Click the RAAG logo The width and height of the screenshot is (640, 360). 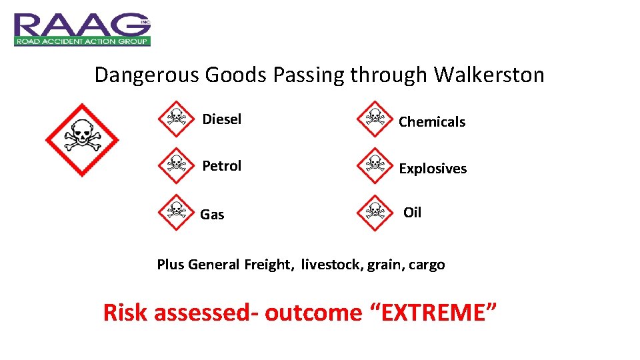(x=82, y=29)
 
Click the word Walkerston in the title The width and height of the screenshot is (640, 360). (x=489, y=75)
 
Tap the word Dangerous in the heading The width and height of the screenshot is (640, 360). (x=147, y=75)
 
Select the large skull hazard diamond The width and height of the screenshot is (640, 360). (x=81, y=139)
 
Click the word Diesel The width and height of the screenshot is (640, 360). (x=222, y=119)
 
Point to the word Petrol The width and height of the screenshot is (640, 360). (x=222, y=166)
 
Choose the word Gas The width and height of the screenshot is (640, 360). (x=212, y=215)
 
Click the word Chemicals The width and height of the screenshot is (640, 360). (x=432, y=122)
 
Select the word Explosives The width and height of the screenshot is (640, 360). (x=433, y=169)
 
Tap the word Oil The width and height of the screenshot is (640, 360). (x=413, y=213)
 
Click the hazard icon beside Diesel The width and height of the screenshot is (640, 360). (x=175, y=119)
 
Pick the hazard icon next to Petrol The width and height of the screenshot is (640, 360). (x=175, y=165)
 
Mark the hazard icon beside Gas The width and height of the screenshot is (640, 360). (x=175, y=212)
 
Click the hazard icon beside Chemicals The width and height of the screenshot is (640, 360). (x=375, y=119)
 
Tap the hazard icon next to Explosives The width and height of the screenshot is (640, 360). (x=375, y=165)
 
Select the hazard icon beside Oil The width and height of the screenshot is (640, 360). (x=375, y=212)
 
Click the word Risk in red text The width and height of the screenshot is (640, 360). (x=125, y=312)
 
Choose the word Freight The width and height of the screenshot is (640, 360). (x=269, y=265)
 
